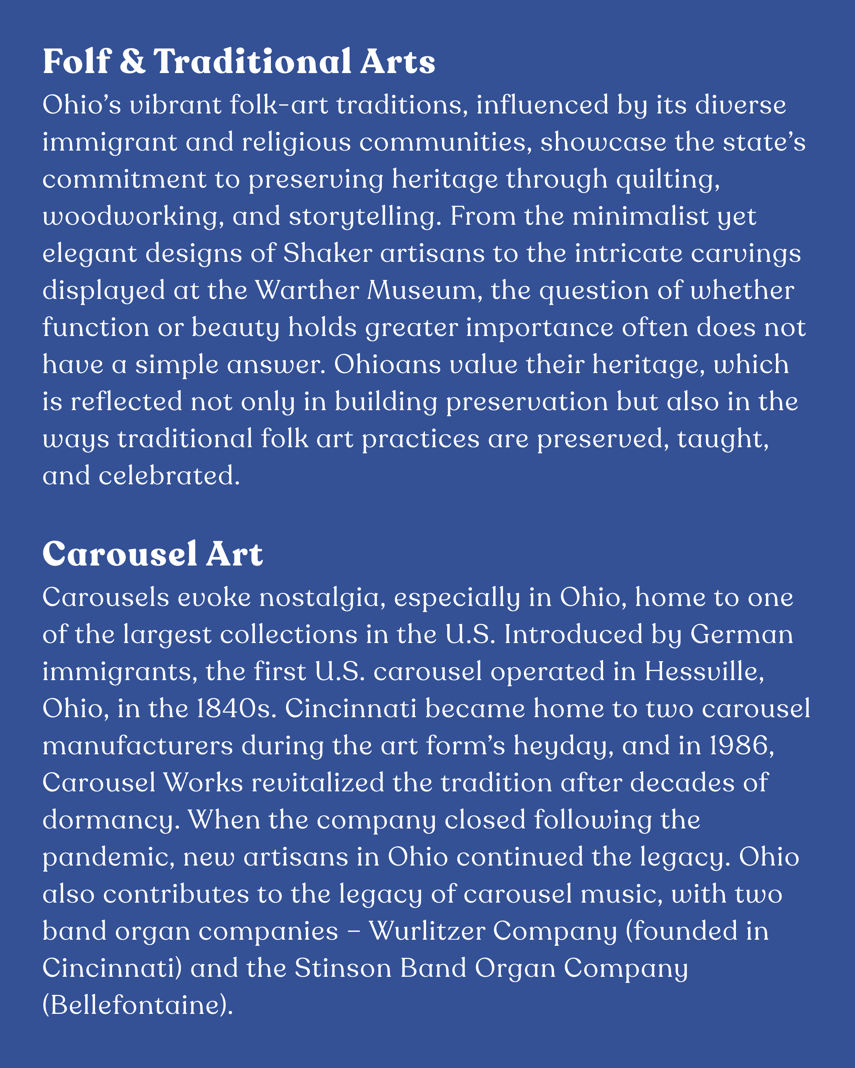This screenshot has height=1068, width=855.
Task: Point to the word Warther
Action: (x=307, y=290)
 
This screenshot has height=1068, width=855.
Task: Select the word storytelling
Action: (x=365, y=217)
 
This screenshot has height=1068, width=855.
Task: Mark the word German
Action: (x=741, y=634)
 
